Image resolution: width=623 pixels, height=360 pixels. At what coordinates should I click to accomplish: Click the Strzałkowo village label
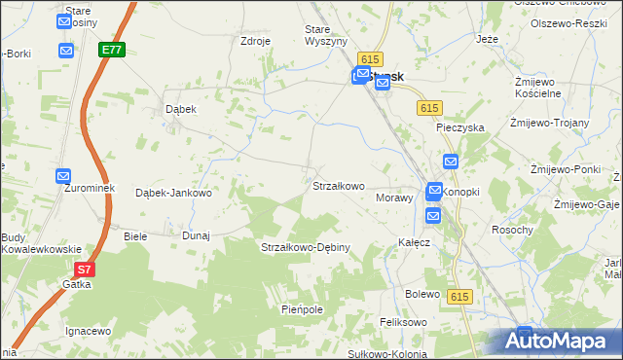338,186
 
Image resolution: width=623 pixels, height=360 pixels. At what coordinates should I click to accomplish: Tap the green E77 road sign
111,48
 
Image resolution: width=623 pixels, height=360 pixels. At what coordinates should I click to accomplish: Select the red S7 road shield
86,270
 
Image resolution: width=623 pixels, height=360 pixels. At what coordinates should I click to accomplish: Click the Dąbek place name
181,110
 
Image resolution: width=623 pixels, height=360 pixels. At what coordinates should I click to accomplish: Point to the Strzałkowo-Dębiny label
305,248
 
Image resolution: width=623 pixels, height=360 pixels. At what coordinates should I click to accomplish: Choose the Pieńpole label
301,309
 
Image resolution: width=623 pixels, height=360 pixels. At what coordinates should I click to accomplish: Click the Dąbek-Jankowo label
173,193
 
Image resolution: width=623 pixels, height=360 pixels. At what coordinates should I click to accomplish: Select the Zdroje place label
255,42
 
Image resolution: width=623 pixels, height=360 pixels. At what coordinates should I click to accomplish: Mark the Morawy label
394,198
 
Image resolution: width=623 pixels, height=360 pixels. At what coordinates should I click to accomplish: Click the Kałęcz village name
414,242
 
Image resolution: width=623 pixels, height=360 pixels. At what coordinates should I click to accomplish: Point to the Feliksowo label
404,322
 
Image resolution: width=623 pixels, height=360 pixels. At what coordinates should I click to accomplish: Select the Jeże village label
488,40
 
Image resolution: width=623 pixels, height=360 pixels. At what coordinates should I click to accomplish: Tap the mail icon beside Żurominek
63,176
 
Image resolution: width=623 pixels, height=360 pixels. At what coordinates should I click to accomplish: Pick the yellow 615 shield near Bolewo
460,295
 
